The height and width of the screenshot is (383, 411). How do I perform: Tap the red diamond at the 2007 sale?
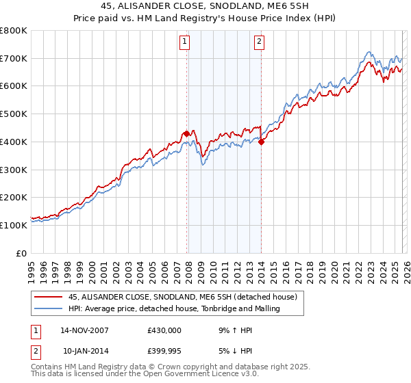tap(186, 133)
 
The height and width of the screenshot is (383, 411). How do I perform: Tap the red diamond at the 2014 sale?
tap(261, 142)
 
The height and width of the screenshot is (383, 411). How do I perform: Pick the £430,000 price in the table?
tap(164, 330)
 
